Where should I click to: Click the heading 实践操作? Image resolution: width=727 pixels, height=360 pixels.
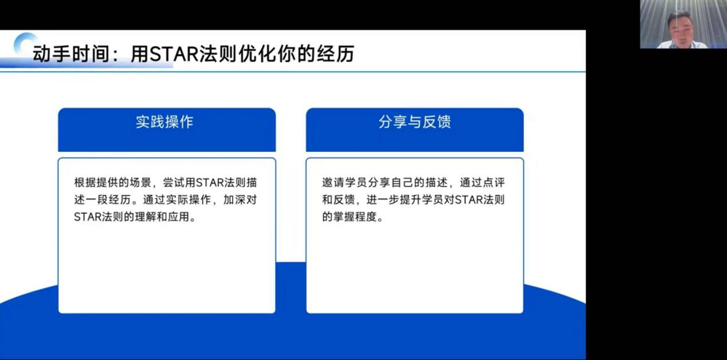[165, 121]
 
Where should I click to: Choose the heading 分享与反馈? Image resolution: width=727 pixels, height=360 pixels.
[414, 121]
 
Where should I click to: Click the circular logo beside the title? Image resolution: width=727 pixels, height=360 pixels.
[26, 45]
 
